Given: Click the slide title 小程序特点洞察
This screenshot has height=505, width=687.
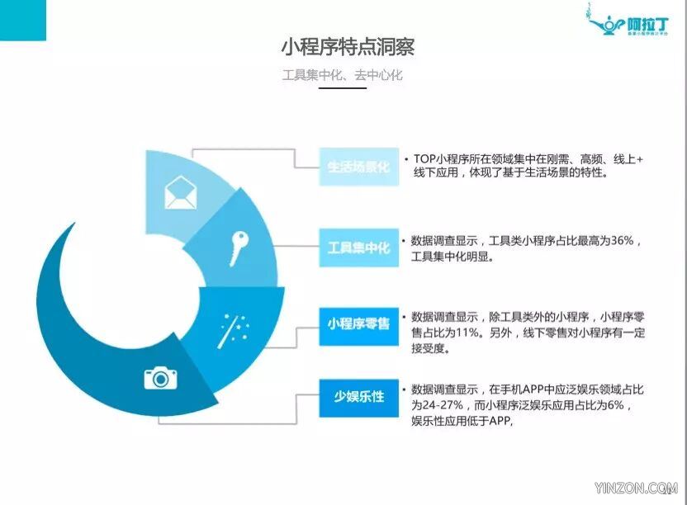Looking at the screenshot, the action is [x=348, y=47].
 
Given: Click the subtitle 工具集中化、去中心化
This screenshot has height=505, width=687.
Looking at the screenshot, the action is [x=342, y=75].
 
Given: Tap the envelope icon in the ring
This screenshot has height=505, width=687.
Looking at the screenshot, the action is [x=180, y=192].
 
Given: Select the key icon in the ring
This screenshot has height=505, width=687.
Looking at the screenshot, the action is [x=239, y=248].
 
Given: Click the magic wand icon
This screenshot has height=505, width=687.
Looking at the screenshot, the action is [x=234, y=330].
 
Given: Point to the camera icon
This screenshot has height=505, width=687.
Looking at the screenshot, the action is [x=160, y=378].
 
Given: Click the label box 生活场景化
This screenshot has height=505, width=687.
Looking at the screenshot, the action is [x=359, y=167].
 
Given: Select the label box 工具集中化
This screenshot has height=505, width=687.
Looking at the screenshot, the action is [x=359, y=248].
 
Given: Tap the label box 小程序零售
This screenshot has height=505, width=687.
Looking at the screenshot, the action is [x=359, y=324].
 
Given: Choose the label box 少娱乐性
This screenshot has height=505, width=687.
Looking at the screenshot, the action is [x=359, y=397].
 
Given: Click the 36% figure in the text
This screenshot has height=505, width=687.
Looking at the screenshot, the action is [x=622, y=240].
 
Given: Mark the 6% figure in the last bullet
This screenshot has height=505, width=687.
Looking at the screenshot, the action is [x=616, y=405].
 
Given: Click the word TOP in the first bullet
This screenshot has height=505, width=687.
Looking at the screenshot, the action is [x=425, y=159].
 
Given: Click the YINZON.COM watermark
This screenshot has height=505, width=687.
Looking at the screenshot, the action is [x=636, y=488].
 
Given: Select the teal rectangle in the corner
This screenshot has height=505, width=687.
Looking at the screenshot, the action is [x=23, y=20].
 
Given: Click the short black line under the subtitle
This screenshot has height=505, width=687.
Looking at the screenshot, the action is [x=342, y=88].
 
